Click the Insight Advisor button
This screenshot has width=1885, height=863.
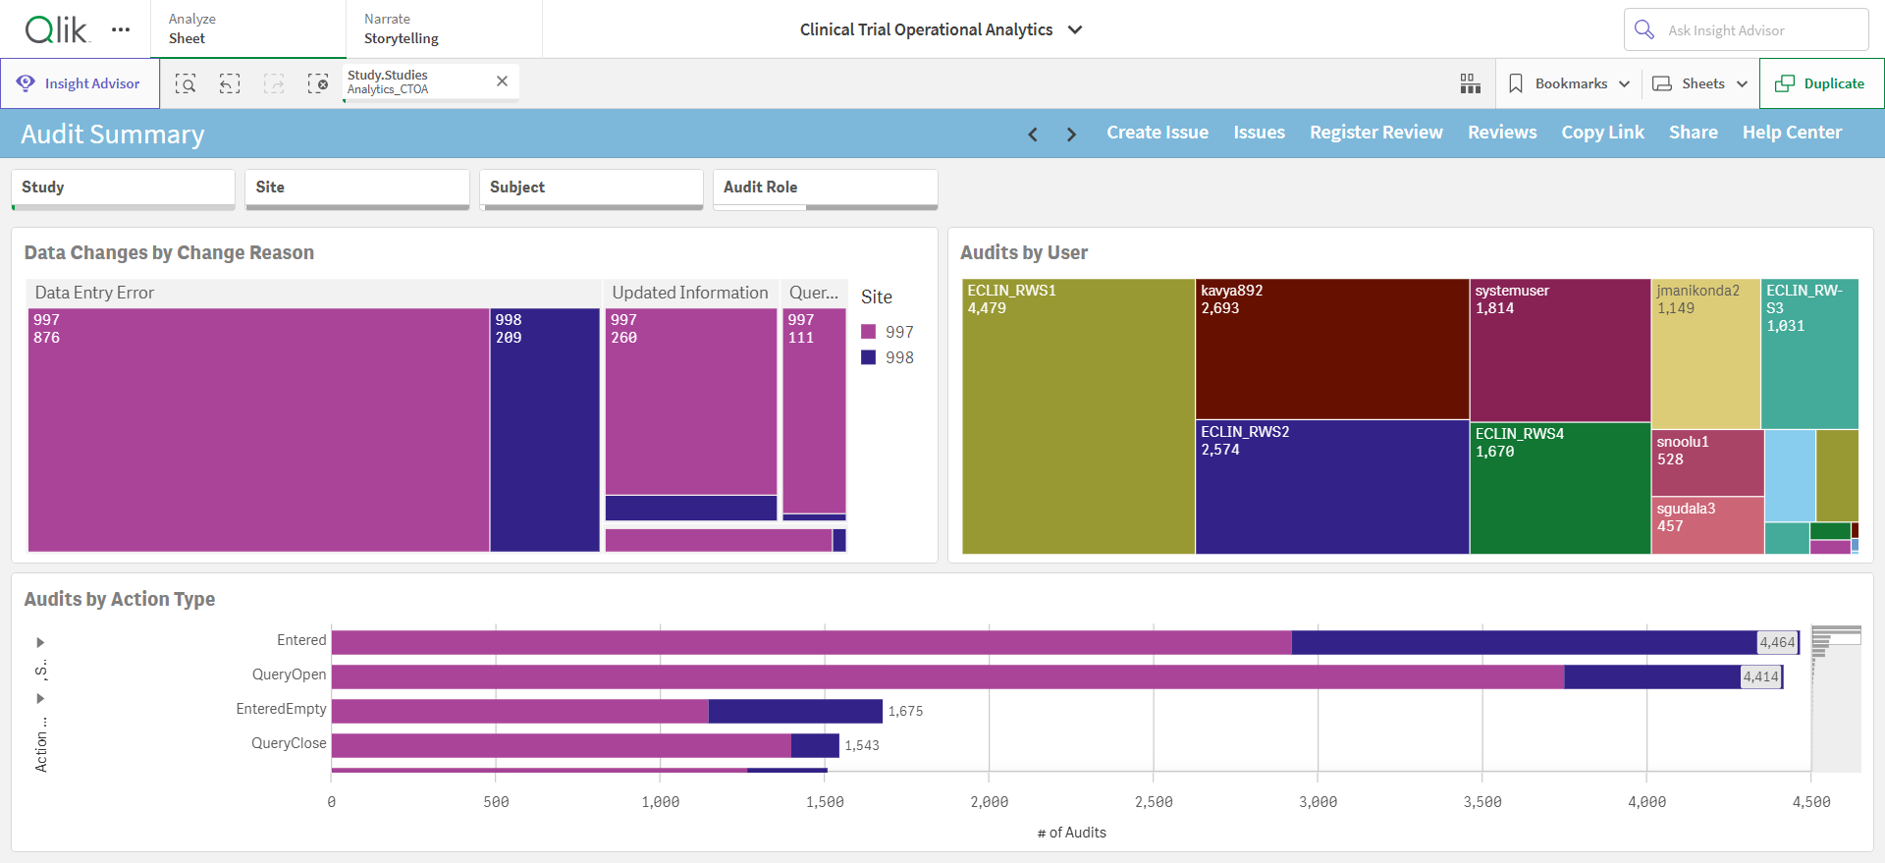(x=80, y=83)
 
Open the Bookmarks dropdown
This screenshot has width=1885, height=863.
(x=1569, y=83)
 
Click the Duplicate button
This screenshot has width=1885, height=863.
(x=1821, y=83)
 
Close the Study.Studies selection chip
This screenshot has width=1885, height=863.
(x=502, y=81)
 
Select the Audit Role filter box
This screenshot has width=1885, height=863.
(x=825, y=189)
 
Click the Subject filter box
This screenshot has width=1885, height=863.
(x=591, y=189)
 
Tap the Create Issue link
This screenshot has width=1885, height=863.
(x=1158, y=133)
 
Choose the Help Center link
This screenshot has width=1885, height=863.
(x=1792, y=133)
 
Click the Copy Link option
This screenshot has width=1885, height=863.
(x=1602, y=133)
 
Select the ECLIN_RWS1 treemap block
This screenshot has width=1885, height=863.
(x=1078, y=416)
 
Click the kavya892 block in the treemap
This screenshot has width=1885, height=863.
(x=1332, y=350)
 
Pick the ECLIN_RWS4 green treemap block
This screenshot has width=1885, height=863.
(x=1560, y=488)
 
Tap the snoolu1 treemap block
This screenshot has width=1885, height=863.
(x=1707, y=462)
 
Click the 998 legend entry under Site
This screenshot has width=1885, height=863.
(x=888, y=357)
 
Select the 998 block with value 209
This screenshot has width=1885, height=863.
(x=545, y=430)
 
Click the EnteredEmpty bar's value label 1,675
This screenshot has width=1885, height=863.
(x=905, y=711)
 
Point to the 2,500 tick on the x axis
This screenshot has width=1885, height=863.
(x=1154, y=802)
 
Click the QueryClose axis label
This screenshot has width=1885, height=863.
(x=289, y=743)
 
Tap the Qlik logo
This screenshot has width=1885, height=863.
(x=57, y=29)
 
